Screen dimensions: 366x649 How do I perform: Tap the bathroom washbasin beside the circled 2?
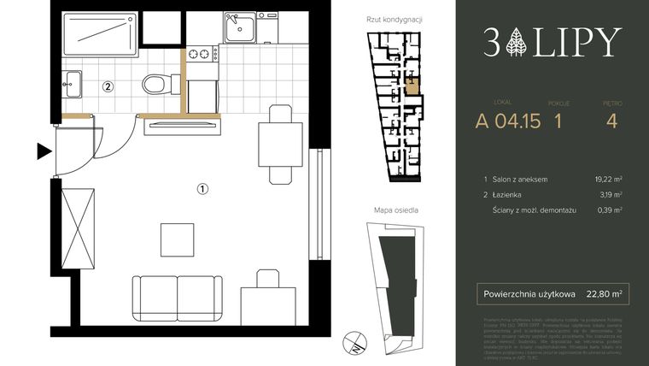(72, 84)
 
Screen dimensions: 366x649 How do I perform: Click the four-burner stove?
(203, 55)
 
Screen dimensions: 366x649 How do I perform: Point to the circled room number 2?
(108, 86)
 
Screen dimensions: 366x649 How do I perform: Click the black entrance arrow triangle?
(44, 152)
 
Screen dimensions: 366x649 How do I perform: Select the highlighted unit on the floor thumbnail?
(412, 84)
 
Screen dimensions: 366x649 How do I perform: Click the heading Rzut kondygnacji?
(394, 19)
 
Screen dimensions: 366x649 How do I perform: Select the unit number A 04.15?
(508, 121)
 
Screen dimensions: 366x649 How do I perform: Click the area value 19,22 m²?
(606, 180)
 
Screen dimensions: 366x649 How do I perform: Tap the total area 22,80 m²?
(604, 293)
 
